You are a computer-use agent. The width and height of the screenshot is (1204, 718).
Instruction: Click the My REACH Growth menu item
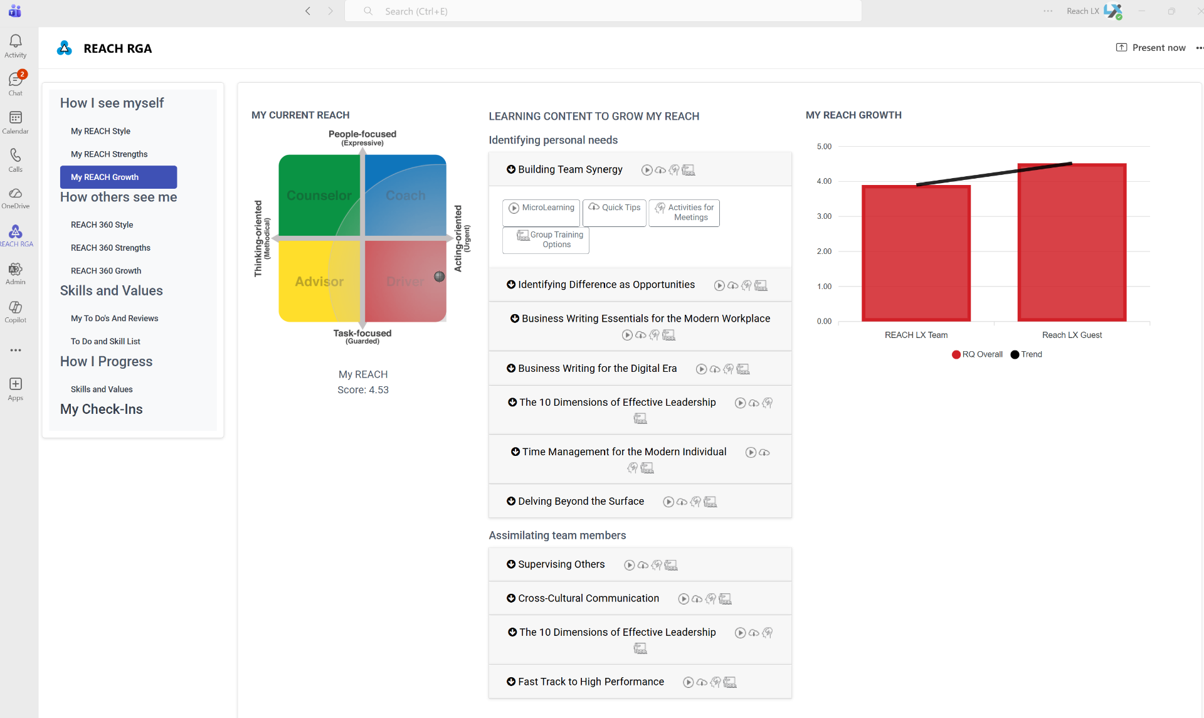pos(119,177)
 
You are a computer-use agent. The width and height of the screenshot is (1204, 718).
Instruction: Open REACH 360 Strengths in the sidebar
pos(110,248)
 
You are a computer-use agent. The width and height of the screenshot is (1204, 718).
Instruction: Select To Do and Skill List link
pos(105,341)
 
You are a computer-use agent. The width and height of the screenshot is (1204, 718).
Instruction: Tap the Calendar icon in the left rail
pos(16,118)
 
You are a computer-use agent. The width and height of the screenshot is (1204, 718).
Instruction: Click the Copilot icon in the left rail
pos(16,307)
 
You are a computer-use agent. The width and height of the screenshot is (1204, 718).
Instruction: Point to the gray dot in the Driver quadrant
pos(440,277)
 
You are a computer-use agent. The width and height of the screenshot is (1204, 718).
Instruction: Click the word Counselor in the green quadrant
pos(319,196)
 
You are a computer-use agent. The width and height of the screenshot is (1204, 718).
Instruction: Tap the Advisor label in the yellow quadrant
pos(319,282)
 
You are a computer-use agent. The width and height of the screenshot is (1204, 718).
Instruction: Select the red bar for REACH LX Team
pos(916,253)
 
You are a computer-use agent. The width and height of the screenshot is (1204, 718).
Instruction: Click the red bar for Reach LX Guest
pos(1072,243)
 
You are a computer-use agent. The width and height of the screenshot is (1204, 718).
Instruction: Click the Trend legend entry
pos(1027,354)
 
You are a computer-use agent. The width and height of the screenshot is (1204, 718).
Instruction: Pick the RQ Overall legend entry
pos(977,354)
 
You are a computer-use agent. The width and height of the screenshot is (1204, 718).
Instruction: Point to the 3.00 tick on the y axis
pos(824,216)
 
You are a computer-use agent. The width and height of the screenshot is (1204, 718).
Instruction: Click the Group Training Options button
pos(546,240)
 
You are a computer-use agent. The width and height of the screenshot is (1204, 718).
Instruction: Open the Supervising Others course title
pos(561,564)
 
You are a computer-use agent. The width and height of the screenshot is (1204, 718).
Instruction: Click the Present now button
pos(1151,48)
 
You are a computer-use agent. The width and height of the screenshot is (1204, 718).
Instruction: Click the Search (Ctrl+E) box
pos(603,11)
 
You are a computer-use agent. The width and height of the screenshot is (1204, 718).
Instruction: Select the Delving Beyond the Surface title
pos(581,501)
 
